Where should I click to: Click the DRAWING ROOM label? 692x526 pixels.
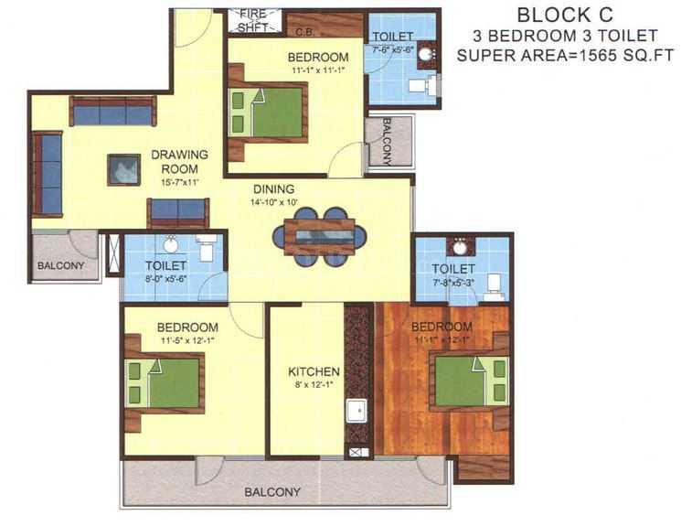point(180,161)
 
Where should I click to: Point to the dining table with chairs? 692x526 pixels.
point(319,236)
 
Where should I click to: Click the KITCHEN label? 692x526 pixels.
point(314,372)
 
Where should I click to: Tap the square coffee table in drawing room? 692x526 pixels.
point(122,169)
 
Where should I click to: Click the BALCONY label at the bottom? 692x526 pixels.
point(271,492)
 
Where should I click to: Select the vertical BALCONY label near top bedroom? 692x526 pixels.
point(387,141)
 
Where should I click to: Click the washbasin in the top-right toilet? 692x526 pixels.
point(427,55)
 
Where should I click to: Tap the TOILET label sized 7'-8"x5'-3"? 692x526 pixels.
point(453,268)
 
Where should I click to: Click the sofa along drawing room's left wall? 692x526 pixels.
point(47,174)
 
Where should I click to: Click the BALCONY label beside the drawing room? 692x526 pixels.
point(60,266)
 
